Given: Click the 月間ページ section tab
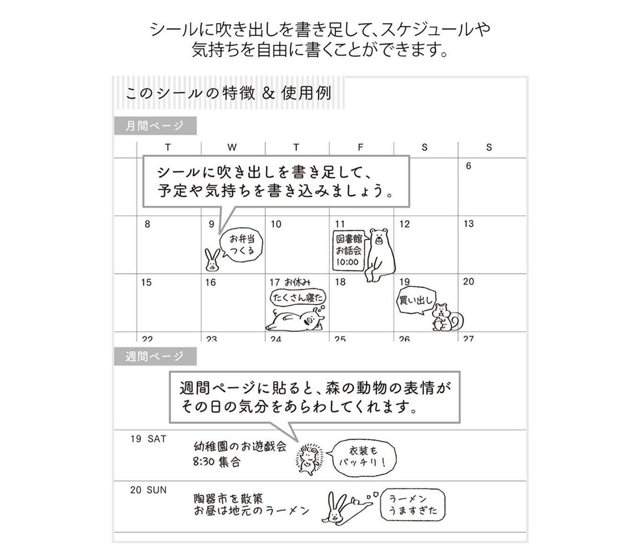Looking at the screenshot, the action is click(155, 126).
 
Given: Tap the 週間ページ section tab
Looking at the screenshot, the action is click(155, 357).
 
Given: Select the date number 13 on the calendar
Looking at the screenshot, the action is click(469, 224).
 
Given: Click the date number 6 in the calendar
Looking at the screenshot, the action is click(468, 166).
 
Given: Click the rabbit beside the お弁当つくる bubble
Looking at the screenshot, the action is click(212, 260).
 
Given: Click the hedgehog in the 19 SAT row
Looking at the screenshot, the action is click(310, 459).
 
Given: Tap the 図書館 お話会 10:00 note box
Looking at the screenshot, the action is click(349, 251).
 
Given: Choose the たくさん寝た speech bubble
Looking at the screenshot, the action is click(298, 297).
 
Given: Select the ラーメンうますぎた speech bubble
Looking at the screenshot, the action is click(413, 505).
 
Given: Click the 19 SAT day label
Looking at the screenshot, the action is click(148, 439).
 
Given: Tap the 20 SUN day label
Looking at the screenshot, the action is click(148, 490).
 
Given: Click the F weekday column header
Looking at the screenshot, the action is click(360, 147).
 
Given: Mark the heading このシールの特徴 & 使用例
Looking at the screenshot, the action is click(229, 93).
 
